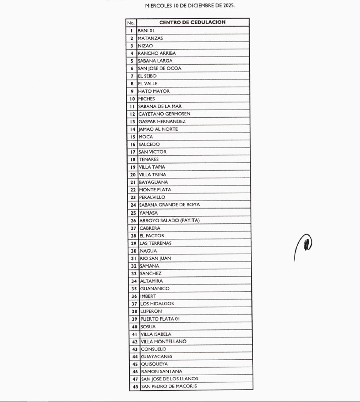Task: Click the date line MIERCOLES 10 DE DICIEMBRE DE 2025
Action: (x=190, y=6)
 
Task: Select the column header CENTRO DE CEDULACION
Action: (x=193, y=22)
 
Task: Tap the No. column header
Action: (x=131, y=23)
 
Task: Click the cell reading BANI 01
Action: (x=146, y=30)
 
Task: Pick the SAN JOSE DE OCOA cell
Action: (x=159, y=68)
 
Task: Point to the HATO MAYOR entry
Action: (x=154, y=91)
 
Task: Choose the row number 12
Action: (x=132, y=114)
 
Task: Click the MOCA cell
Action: (x=146, y=137)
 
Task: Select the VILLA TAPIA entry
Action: (x=152, y=167)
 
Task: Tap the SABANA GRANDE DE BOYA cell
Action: (x=169, y=205)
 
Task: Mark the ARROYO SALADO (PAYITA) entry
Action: (x=170, y=220)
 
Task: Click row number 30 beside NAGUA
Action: (x=133, y=251)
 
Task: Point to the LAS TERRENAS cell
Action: (x=155, y=243)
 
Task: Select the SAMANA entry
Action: (x=149, y=266)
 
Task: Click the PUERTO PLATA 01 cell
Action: (x=160, y=319)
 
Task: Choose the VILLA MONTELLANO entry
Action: (x=163, y=341)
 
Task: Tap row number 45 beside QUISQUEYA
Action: (x=135, y=364)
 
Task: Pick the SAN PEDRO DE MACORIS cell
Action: (x=169, y=386)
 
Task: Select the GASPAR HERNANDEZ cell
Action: (x=162, y=121)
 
